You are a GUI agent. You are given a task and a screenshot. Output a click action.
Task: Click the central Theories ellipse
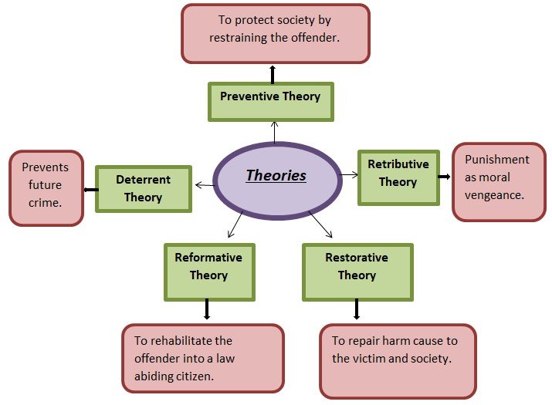[x=276, y=176]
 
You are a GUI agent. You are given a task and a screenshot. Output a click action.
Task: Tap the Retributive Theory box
[x=398, y=177]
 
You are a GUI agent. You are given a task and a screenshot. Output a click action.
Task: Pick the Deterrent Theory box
[x=143, y=188]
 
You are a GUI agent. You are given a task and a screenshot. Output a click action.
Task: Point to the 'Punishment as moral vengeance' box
[x=498, y=181]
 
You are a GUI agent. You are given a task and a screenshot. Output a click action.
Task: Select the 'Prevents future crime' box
[x=46, y=187]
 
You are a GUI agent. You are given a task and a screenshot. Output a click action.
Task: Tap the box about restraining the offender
[x=275, y=33]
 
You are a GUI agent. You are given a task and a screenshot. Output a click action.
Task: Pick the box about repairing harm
[x=397, y=360]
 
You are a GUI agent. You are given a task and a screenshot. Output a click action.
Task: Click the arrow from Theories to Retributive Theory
[x=349, y=175]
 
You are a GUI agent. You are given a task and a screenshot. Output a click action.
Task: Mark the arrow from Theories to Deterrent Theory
[x=203, y=184]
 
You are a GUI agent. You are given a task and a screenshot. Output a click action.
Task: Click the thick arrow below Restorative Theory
[x=356, y=309]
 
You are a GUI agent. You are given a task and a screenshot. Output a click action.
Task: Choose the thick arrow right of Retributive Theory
[x=445, y=177]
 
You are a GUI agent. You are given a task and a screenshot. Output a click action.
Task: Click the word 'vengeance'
[x=495, y=195]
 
